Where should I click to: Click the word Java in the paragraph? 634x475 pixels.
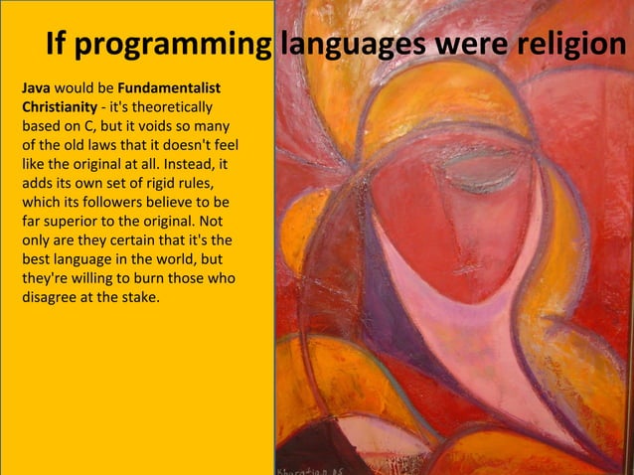(36, 88)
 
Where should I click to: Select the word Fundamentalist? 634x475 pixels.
(168, 88)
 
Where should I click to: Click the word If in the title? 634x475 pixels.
(57, 46)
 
